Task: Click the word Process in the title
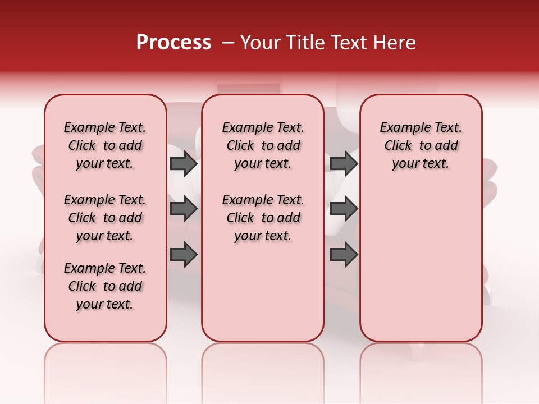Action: [173, 43]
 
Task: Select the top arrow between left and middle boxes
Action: [183, 164]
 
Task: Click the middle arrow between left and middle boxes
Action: [183, 209]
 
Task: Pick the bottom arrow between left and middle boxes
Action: [183, 254]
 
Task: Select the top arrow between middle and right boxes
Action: [344, 164]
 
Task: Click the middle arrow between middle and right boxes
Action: [344, 209]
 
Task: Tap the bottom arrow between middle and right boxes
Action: [344, 254]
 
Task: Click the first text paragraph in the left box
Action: [105, 145]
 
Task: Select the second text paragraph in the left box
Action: [105, 218]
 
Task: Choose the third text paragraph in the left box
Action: [105, 286]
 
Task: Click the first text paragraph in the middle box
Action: [263, 145]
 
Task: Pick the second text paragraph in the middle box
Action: [263, 218]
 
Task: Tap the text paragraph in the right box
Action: [421, 145]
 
